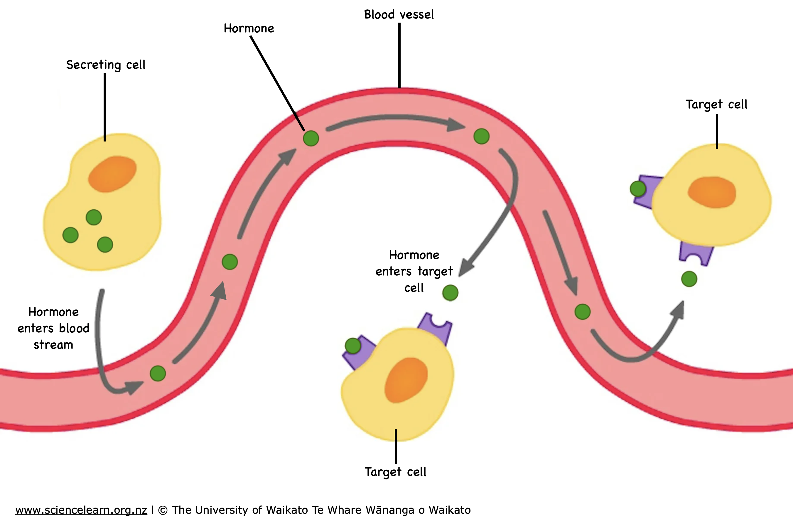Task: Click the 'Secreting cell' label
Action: click(106, 65)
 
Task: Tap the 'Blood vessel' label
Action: click(399, 15)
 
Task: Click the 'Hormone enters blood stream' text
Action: click(53, 328)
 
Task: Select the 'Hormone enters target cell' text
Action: click(414, 271)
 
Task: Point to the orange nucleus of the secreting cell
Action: click(112, 174)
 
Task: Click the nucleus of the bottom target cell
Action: click(406, 380)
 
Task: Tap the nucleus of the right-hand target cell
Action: click(711, 192)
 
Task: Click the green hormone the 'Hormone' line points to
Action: click(311, 138)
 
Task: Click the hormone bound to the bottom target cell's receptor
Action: click(353, 346)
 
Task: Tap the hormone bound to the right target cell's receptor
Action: click(638, 188)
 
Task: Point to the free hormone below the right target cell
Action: click(689, 279)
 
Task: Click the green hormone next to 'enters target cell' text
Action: click(450, 293)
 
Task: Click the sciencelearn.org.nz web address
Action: click(81, 510)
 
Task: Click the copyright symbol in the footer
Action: click(163, 510)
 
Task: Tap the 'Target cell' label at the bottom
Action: click(396, 472)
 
